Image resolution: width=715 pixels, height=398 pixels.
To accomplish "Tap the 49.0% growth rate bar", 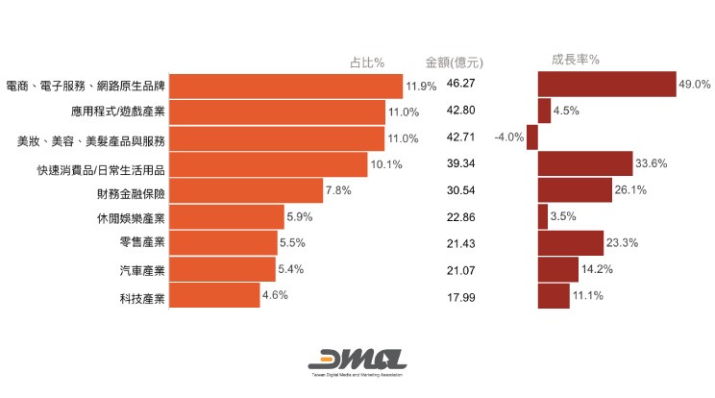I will [x=606, y=85].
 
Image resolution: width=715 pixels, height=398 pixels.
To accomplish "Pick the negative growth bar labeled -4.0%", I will [x=531, y=137].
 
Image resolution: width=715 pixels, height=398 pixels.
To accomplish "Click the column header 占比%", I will [x=366, y=62].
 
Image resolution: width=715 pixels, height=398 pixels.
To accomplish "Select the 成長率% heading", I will [x=576, y=60].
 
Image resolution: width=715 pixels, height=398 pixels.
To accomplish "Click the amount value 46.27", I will [x=461, y=85].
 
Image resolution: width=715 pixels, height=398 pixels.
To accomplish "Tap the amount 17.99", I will [x=461, y=295].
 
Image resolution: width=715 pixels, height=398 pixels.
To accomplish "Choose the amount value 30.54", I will [x=461, y=190].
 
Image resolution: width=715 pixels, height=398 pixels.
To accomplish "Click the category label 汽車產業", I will [x=136, y=270].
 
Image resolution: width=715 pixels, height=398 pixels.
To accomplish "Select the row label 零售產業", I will [x=136, y=243].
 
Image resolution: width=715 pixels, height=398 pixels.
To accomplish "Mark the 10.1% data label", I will [x=385, y=164].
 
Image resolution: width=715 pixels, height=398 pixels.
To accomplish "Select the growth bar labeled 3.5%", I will [x=542, y=216].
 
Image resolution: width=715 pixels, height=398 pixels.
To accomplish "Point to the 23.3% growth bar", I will [x=570, y=243].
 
